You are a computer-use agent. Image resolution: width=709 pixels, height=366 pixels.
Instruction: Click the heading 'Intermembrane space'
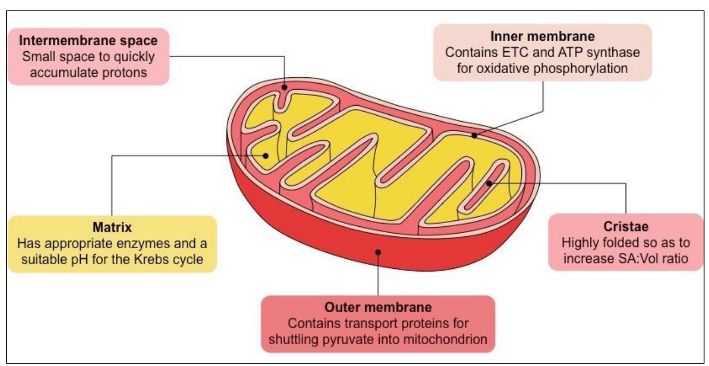[x=88, y=41]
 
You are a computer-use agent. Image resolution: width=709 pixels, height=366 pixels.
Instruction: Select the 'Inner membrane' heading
[x=542, y=37]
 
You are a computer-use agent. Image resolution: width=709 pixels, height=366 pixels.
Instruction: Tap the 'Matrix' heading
[x=112, y=228]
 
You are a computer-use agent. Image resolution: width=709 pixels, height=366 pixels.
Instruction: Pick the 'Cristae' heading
[x=626, y=226]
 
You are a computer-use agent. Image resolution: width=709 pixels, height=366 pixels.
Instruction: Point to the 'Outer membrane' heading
[x=378, y=308]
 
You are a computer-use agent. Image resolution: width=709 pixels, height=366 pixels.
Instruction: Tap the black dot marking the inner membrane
[x=474, y=136]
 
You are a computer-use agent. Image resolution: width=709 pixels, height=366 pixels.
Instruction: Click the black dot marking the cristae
[x=489, y=184]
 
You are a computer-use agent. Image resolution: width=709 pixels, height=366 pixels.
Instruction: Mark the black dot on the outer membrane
[x=378, y=251]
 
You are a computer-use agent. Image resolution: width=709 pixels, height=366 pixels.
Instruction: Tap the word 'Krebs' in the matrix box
[x=148, y=260]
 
